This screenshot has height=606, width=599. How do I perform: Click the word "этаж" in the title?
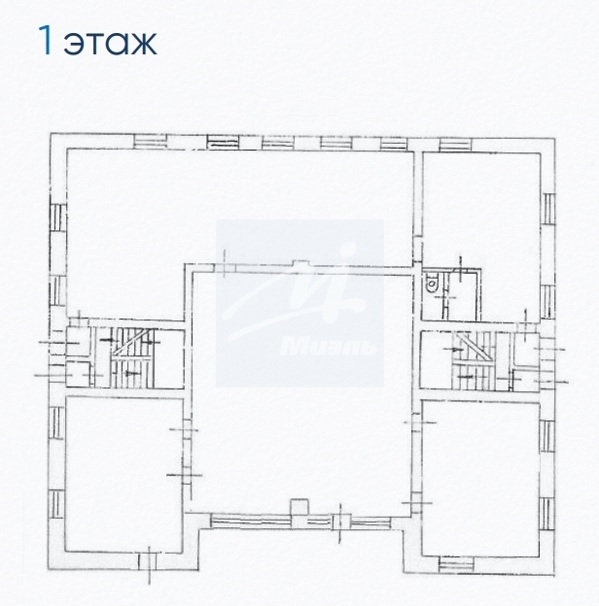point(111,42)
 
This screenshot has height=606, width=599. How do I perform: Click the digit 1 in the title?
point(44,41)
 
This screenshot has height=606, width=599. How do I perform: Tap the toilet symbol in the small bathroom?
point(433,283)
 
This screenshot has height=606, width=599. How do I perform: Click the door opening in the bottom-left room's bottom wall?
point(146,560)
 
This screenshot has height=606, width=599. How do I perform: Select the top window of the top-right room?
point(455,144)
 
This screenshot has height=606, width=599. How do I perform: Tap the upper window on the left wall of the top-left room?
point(56,219)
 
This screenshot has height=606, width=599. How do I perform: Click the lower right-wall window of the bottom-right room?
point(547,505)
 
